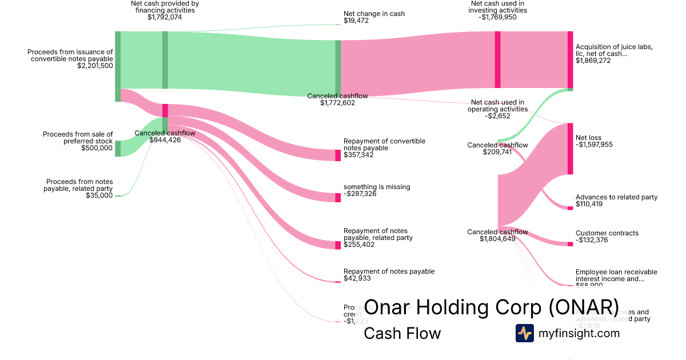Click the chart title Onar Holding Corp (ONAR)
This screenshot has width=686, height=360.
(x=491, y=307)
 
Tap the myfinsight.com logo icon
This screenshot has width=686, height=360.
(x=524, y=333)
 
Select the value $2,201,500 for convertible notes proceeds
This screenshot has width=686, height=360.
(x=95, y=66)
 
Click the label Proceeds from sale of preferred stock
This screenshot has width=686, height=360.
(x=78, y=138)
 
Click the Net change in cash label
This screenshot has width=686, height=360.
(x=374, y=14)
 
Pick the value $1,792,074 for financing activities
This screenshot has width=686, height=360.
(x=165, y=17)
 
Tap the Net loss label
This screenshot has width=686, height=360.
(x=588, y=138)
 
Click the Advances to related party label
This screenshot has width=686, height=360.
(x=616, y=197)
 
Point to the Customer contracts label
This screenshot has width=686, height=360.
(x=607, y=233)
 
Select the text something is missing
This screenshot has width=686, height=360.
(x=377, y=187)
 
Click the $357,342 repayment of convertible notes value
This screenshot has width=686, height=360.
(x=358, y=155)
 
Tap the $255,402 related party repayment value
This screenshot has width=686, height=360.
(x=358, y=244)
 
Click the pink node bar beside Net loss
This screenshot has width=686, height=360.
(x=570, y=149)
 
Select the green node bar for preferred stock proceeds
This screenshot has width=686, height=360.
(x=118, y=149)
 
